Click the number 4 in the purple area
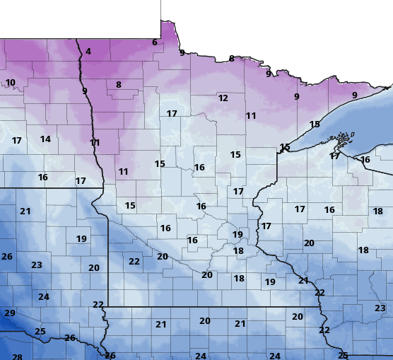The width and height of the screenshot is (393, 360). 88,52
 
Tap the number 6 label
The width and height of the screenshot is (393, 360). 154,42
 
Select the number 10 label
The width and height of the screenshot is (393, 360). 11,83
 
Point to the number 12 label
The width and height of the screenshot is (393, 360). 223,98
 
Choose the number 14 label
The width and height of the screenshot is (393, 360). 45,139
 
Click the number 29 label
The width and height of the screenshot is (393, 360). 10,313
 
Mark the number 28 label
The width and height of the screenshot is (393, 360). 17,358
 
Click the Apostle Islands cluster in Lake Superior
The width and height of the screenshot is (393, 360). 344,137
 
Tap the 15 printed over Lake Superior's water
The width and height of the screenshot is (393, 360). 315,124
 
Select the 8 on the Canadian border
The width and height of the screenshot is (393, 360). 231,59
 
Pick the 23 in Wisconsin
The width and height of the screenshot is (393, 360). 380,308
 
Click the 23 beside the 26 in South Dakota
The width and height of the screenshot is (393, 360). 36,265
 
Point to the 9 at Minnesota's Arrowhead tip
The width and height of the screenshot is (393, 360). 354,95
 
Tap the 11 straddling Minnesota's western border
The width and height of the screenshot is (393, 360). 95,143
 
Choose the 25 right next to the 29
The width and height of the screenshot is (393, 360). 40,332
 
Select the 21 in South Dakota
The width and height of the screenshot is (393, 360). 25,211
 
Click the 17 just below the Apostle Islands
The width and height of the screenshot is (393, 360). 334,156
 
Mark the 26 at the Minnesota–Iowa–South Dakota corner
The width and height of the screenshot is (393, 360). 110,356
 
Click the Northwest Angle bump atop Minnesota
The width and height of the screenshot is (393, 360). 168,28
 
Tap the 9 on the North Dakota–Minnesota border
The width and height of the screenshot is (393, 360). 84,91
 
